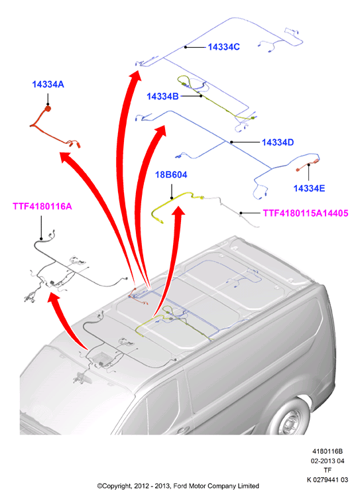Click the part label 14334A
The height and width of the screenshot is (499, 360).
48,84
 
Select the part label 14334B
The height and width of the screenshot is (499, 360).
162,96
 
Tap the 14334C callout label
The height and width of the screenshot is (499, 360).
224,47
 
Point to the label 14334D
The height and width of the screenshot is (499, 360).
278,142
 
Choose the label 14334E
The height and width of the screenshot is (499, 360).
309,188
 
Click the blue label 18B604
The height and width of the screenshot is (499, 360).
171,175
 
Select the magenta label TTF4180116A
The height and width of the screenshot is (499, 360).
42,207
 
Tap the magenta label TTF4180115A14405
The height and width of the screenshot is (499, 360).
306,213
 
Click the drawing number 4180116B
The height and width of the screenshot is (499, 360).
328,451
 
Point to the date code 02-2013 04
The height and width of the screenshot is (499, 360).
328,461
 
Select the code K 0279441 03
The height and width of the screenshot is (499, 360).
328,480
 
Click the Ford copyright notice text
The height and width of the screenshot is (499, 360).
178,486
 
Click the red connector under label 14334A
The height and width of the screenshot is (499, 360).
48,109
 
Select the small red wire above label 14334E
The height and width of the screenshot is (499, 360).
308,165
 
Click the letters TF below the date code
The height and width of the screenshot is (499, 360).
328,470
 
